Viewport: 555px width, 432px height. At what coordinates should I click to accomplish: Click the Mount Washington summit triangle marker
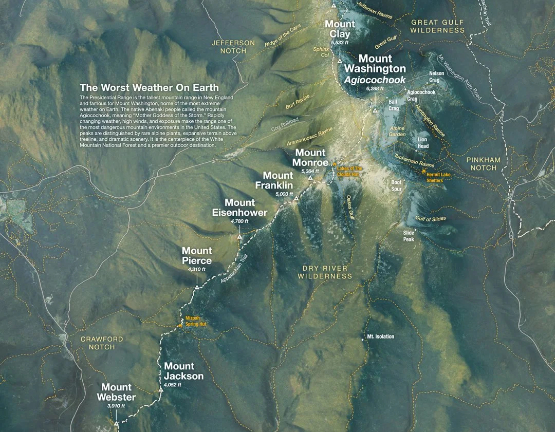(375, 110)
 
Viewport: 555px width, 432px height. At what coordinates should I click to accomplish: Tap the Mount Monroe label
(310, 158)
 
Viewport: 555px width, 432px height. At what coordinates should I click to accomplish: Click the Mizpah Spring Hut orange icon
(180, 325)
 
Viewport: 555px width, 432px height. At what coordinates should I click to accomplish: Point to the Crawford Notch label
(102, 343)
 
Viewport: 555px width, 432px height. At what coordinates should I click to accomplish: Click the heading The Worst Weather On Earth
(149, 87)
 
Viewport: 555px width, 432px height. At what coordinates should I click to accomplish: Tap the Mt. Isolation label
(381, 336)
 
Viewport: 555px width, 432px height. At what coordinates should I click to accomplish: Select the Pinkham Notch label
(484, 164)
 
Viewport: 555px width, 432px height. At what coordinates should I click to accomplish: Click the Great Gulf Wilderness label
(437, 26)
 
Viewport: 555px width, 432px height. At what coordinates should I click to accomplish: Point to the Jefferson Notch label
(233, 47)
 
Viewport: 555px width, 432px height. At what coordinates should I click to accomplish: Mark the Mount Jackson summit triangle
(161, 390)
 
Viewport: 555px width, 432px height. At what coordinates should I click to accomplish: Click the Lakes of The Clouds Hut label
(350, 171)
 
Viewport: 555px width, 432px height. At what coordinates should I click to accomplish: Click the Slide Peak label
(409, 236)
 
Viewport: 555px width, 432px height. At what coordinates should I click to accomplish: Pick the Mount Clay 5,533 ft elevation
(340, 43)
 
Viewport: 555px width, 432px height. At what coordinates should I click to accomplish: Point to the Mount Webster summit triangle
(116, 424)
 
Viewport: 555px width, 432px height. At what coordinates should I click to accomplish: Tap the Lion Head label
(422, 143)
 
